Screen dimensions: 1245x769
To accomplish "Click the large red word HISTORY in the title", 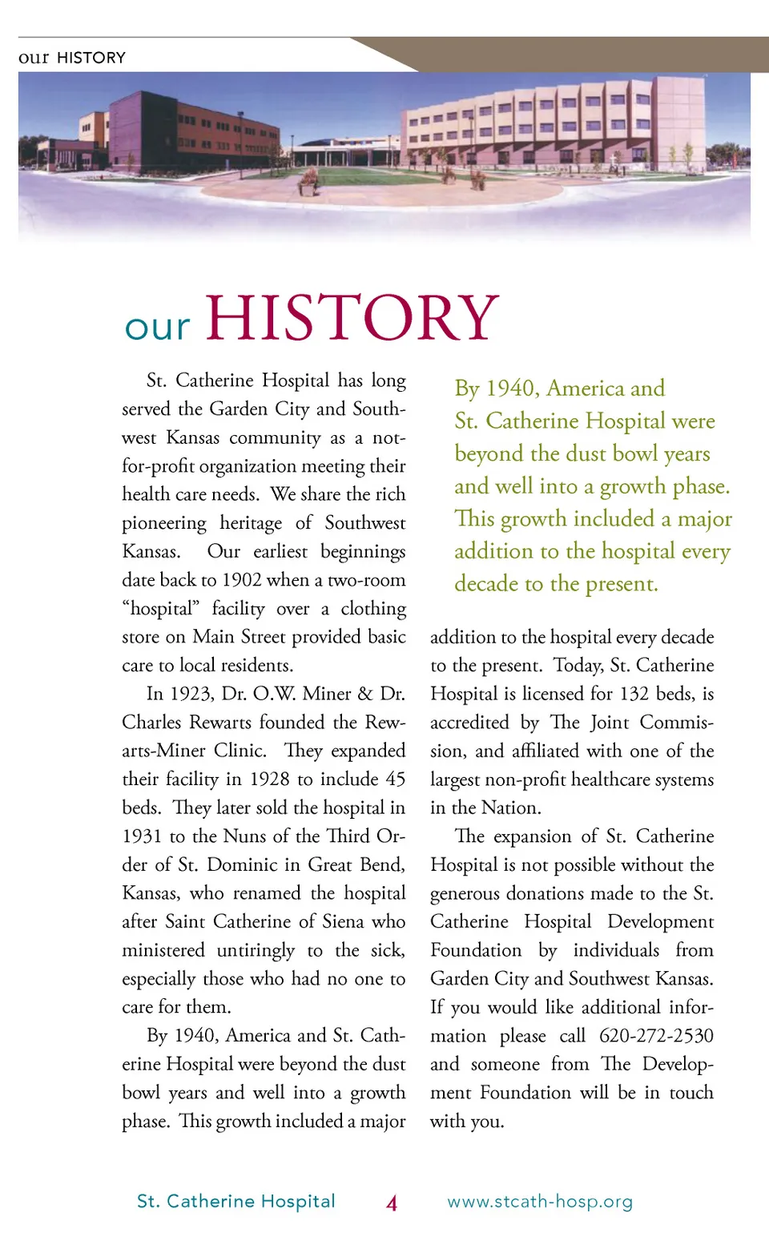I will tap(352, 318).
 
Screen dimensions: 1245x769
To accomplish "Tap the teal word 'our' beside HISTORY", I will tap(157, 327).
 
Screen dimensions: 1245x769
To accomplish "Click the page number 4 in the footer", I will tap(392, 1203).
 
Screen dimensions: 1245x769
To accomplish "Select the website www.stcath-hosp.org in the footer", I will tap(540, 1202).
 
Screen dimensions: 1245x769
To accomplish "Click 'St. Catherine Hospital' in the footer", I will tap(236, 1201).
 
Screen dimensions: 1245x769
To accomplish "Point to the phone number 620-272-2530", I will tap(656, 1036).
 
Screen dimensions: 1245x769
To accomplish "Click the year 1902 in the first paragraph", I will tap(242, 580).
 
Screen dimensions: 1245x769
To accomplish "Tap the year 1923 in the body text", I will tap(191, 694).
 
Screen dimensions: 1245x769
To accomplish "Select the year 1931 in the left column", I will tap(142, 836).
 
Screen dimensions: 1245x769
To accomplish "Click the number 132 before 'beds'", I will tap(634, 694).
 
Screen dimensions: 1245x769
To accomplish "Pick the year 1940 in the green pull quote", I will tap(509, 389).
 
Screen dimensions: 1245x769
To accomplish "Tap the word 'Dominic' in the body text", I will tap(242, 865).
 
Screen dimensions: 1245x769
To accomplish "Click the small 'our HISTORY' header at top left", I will tap(72, 58).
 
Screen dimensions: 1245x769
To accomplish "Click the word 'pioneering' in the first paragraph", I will tap(164, 523).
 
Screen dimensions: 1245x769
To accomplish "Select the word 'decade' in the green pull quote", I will tap(486, 584).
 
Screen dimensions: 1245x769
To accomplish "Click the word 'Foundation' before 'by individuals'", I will tap(476, 951).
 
